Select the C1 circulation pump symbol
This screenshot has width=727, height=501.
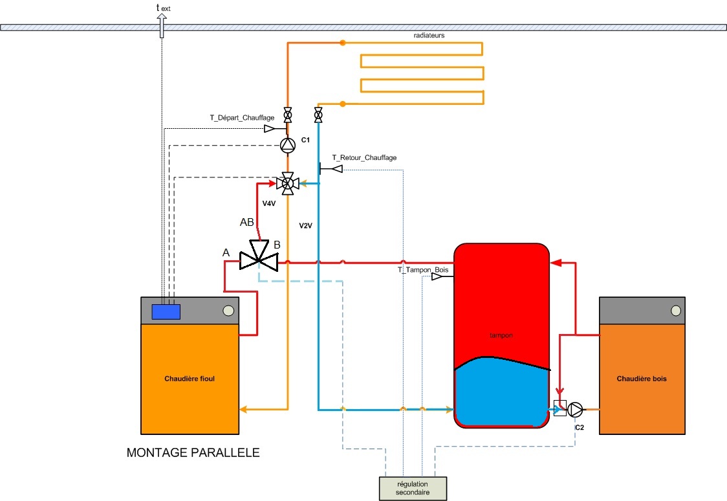point(287,145)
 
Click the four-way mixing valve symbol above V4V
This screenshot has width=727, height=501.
point(287,183)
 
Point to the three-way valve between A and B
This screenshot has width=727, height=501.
point(258,258)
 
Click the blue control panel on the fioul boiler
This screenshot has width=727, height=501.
point(166,312)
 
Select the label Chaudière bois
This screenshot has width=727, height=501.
point(642,379)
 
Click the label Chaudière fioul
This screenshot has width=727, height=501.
point(190,379)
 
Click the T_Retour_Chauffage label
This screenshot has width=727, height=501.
point(364,157)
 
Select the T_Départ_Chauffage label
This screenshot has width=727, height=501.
point(241,118)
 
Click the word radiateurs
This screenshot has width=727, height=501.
point(429,35)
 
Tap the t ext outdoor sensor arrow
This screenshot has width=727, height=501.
point(161,26)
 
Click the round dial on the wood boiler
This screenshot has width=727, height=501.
point(676,310)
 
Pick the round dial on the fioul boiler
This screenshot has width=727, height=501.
point(228,311)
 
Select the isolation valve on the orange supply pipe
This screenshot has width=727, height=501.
point(287,114)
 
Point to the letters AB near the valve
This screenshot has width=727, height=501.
point(246,222)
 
